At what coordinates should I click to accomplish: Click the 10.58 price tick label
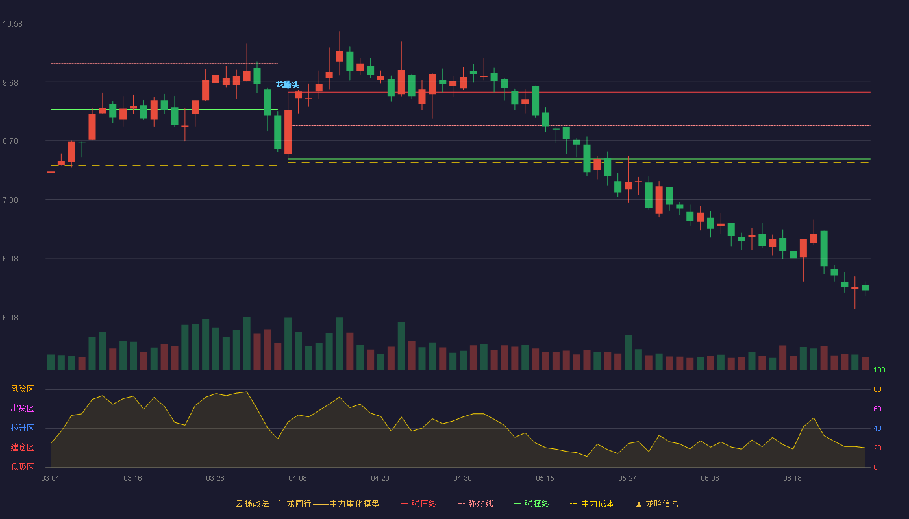pyautogui.click(x=12, y=24)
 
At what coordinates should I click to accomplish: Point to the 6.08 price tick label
pyautogui.click(x=10, y=317)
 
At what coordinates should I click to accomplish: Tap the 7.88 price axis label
pyautogui.click(x=10, y=200)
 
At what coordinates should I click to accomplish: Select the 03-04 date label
pyautogui.click(x=51, y=479)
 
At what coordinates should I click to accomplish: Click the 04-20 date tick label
pyautogui.click(x=380, y=479)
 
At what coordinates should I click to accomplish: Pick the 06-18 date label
pyautogui.click(x=793, y=479)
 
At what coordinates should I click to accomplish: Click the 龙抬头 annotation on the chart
pyautogui.click(x=287, y=85)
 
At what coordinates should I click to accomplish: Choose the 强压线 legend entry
pyautogui.click(x=419, y=503)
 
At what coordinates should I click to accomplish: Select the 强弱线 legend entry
pyautogui.click(x=475, y=503)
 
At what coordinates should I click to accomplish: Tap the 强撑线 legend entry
pyautogui.click(x=532, y=503)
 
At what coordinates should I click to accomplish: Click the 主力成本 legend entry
pyautogui.click(x=592, y=503)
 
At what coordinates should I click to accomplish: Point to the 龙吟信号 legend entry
pyautogui.click(x=657, y=503)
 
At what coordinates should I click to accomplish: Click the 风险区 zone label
pyautogui.click(x=22, y=389)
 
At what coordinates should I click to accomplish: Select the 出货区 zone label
pyautogui.click(x=22, y=408)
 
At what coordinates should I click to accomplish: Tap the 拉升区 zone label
pyautogui.click(x=22, y=428)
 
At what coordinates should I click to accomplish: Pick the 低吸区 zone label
pyautogui.click(x=22, y=466)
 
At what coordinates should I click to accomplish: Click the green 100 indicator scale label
pyautogui.click(x=879, y=370)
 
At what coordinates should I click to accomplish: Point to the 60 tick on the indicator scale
pyautogui.click(x=877, y=409)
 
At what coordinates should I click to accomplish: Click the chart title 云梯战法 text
pyautogui.click(x=252, y=503)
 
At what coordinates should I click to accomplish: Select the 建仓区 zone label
pyautogui.click(x=22, y=447)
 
